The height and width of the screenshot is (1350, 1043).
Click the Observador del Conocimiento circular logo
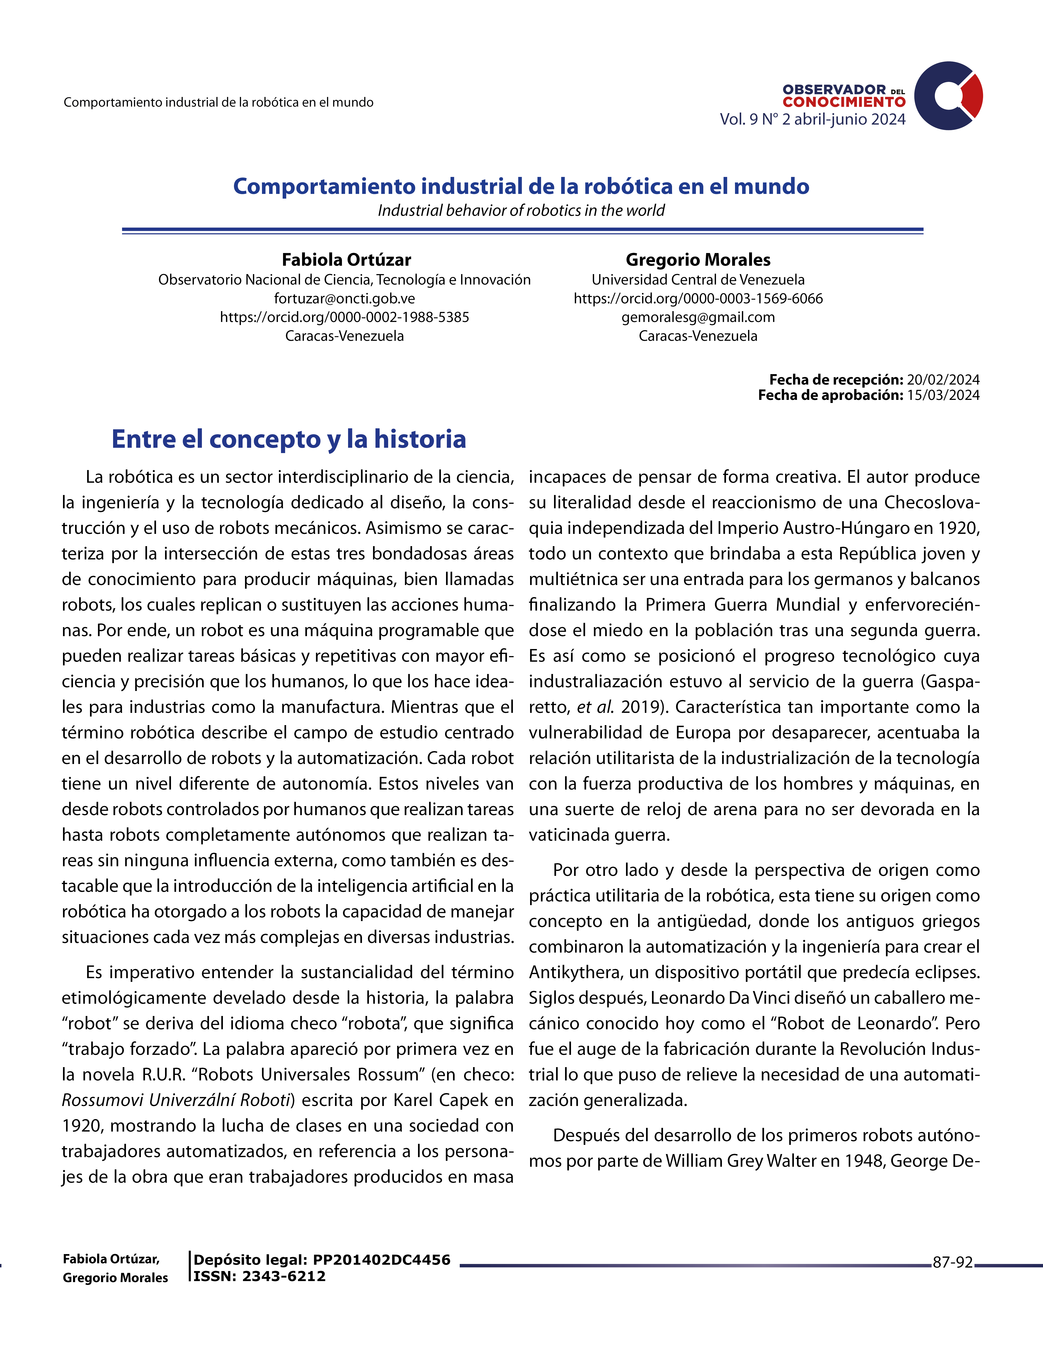[948, 96]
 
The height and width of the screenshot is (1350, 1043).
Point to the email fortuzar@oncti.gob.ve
[344, 299]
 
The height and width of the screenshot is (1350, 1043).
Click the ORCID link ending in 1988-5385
[344, 317]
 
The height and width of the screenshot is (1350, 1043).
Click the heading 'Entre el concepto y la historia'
[289, 439]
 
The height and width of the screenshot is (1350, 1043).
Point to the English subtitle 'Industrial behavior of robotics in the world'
[521, 211]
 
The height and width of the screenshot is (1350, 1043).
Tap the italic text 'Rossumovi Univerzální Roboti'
[176, 1100]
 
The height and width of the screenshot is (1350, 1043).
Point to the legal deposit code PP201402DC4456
[381, 1260]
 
